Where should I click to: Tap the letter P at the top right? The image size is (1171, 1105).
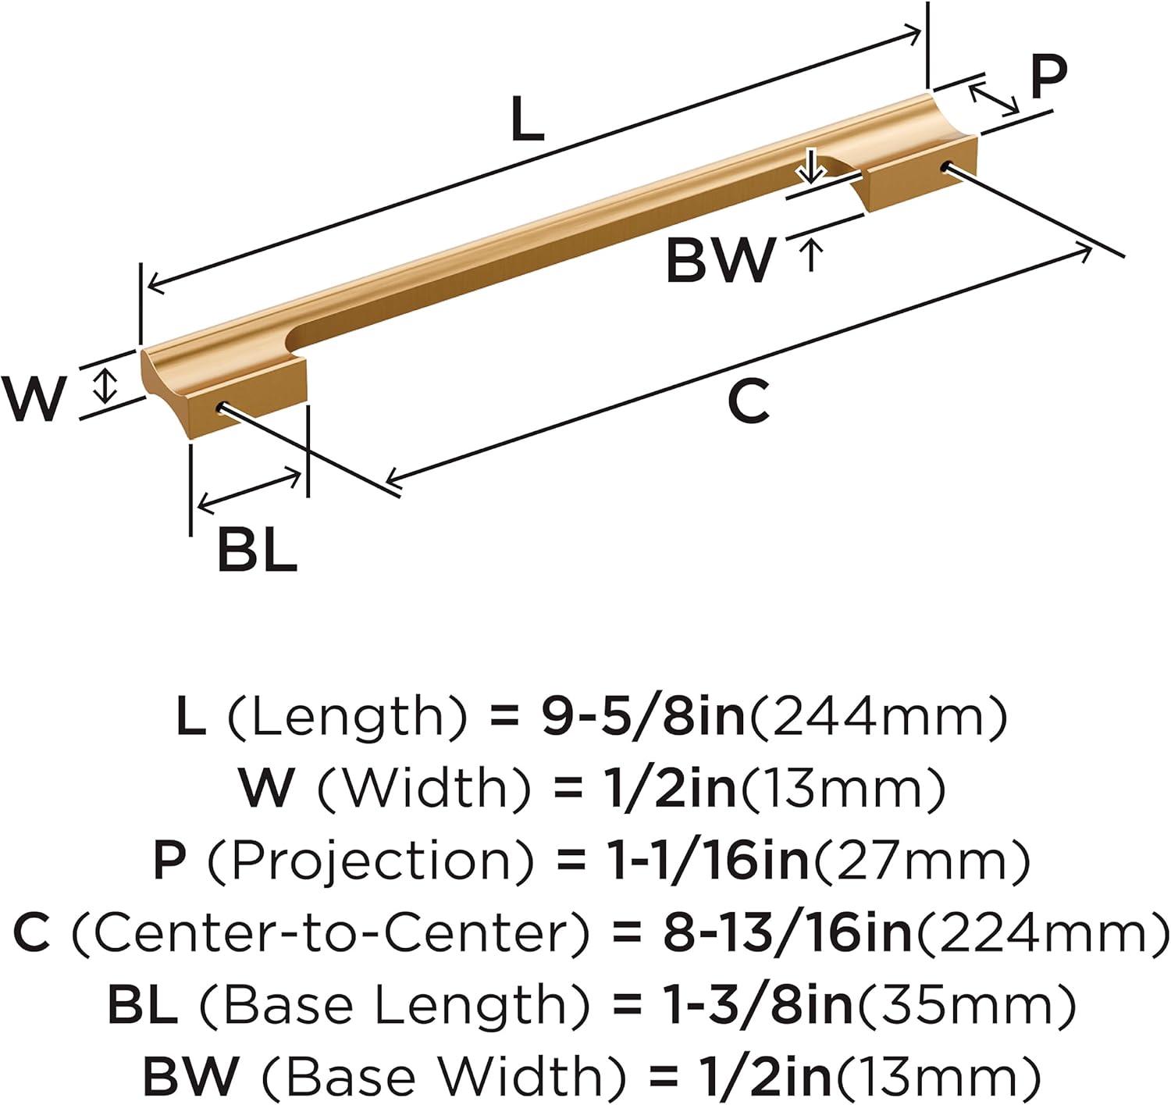coord(1048,78)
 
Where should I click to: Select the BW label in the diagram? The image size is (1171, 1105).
coord(720,260)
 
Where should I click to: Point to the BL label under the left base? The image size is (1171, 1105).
coord(257,550)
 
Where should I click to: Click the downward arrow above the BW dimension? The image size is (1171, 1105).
coord(812,166)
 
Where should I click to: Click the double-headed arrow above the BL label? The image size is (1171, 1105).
coord(250,490)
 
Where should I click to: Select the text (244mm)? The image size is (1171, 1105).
coord(878,718)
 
